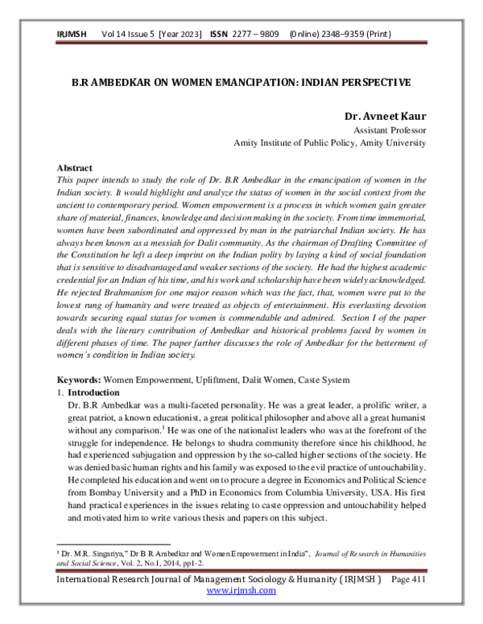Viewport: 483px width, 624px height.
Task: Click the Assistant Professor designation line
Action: tap(390, 129)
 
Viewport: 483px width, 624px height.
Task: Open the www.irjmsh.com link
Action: tap(242, 591)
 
